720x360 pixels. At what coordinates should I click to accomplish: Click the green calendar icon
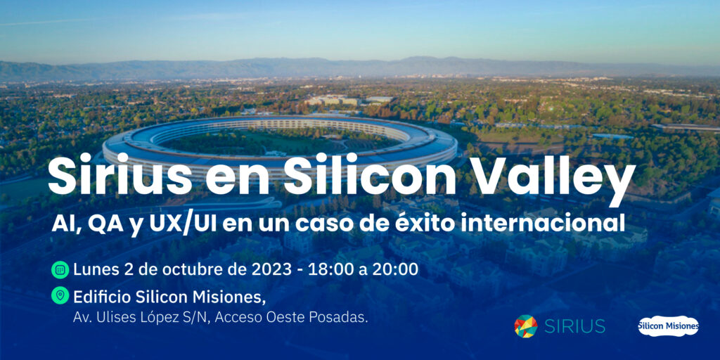click(x=60, y=269)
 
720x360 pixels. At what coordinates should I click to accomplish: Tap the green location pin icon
click(x=60, y=295)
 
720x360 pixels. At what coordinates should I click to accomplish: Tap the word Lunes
click(x=96, y=269)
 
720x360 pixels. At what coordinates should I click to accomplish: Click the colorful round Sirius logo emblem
click(x=526, y=326)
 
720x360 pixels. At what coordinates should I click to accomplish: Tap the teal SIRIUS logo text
click(x=575, y=326)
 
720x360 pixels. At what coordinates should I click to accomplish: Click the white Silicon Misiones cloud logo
click(x=668, y=326)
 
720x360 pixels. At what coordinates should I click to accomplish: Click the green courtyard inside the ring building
click(x=276, y=141)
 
